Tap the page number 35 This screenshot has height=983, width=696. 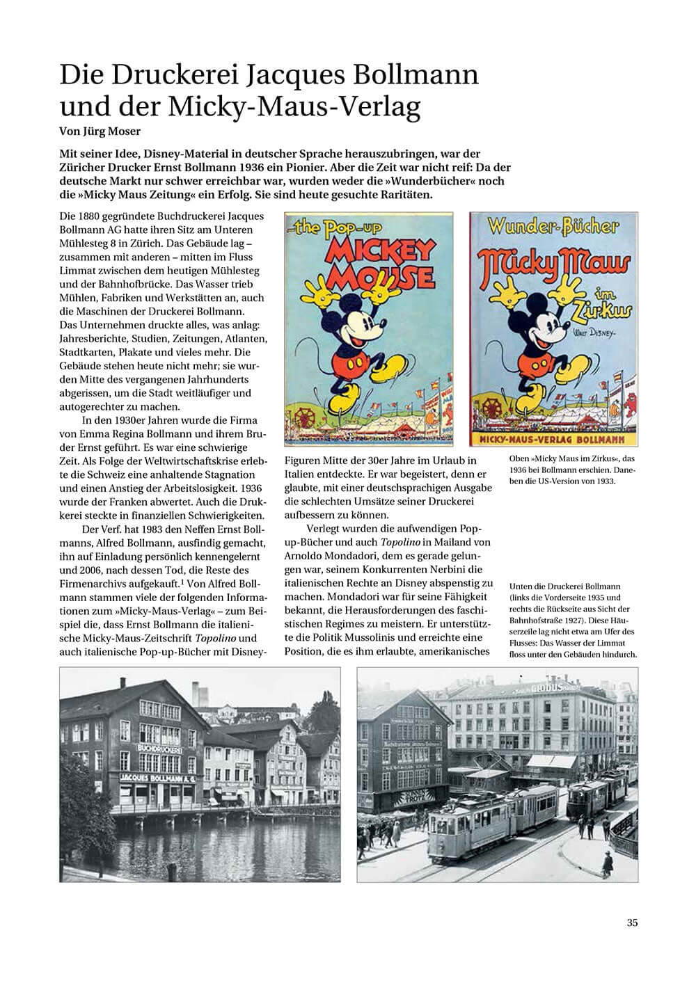pyautogui.click(x=632, y=923)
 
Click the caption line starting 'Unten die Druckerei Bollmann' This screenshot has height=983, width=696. pyautogui.click(x=564, y=586)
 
